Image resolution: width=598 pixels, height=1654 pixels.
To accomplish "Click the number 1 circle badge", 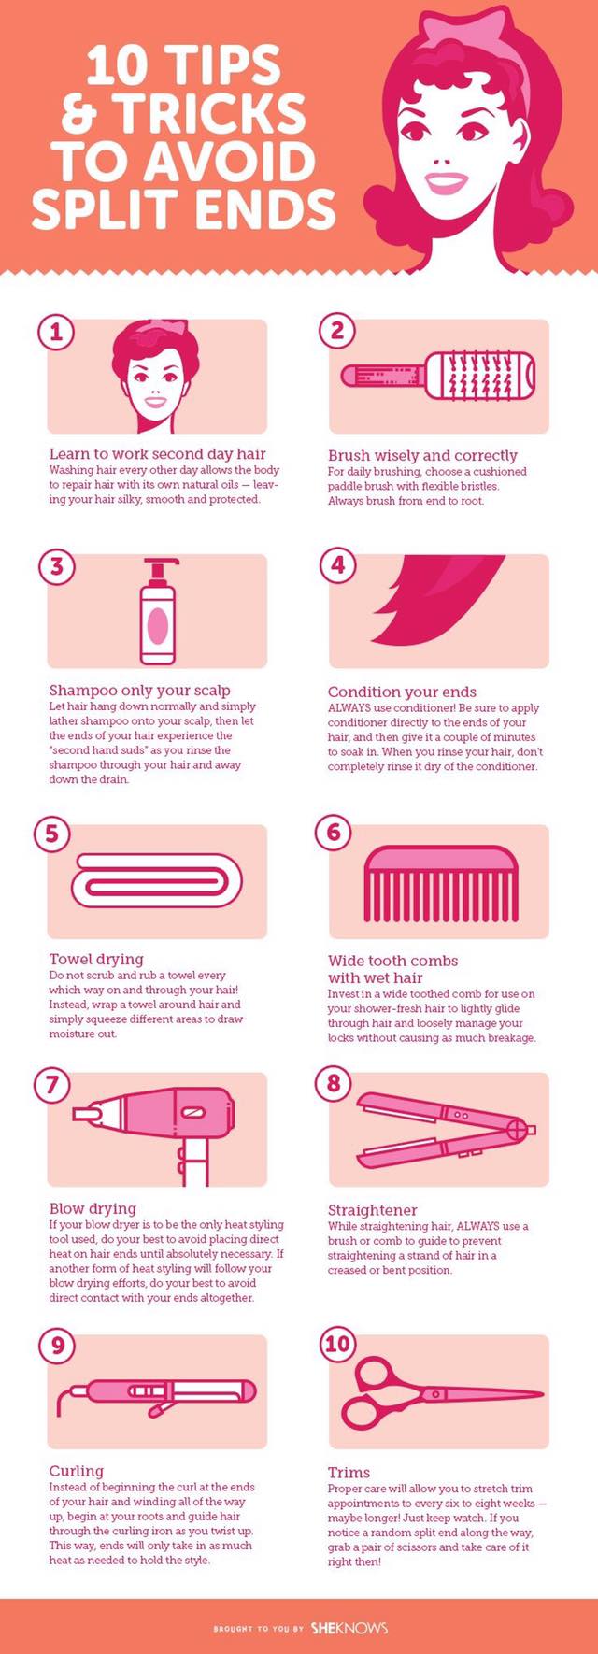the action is (57, 332).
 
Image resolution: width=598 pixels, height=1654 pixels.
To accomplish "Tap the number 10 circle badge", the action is (337, 1345).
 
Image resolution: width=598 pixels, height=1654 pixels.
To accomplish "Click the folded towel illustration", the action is (157, 884).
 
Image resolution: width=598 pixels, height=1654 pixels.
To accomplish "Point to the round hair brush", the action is (438, 376).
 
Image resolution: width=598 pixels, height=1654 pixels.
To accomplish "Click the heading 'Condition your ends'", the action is (402, 692).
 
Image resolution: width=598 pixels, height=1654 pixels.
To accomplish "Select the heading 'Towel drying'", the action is (96, 959).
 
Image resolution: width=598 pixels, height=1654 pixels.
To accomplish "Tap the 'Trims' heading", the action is (349, 1473).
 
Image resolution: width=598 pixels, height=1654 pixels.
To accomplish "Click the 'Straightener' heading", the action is (372, 1210).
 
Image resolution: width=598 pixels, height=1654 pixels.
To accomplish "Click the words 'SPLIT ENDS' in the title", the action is (184, 208).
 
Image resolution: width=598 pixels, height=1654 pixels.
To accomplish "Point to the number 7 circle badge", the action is (52, 1085).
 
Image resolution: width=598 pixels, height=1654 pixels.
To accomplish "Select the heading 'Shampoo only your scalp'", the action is (139, 691).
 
